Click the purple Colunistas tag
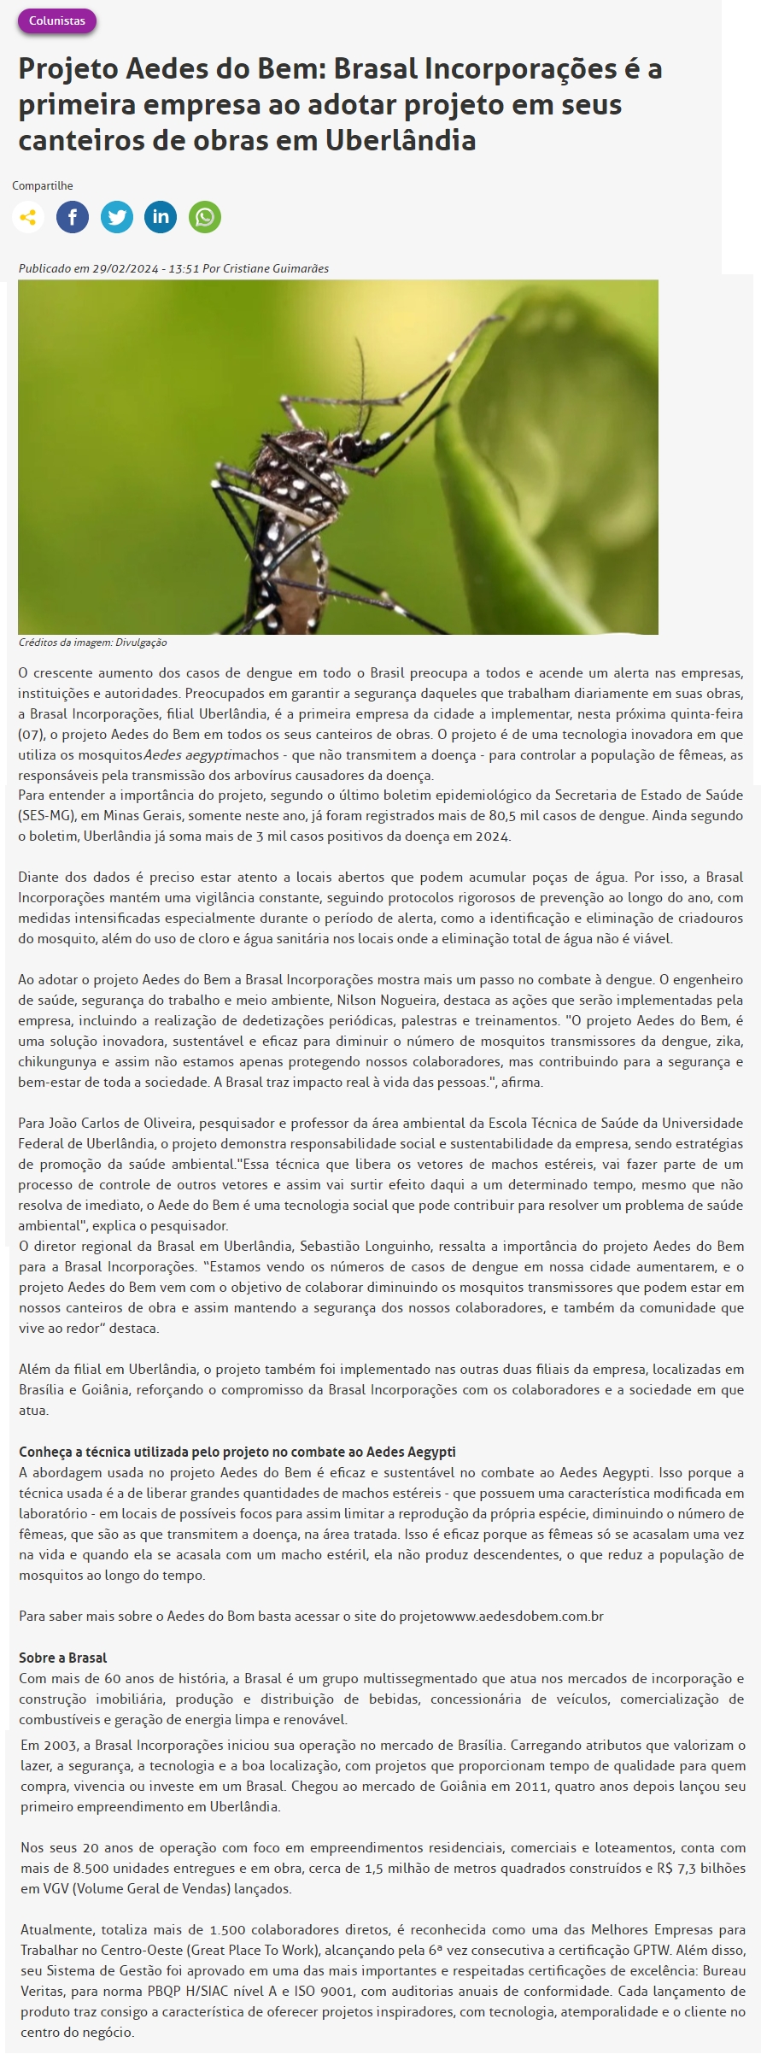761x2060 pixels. [x=57, y=21]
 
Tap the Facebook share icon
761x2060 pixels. [x=73, y=217]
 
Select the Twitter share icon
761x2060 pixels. [x=117, y=217]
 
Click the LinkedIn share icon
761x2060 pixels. [x=161, y=217]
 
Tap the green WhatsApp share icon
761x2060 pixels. [x=205, y=217]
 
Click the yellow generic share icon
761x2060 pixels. [x=28, y=217]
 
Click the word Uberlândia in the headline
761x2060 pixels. [x=401, y=140]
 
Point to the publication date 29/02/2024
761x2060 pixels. [x=126, y=268]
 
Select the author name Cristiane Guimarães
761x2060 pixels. [x=276, y=268]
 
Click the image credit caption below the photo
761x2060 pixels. [x=93, y=643]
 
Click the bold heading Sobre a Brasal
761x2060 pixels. [x=63, y=1658]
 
